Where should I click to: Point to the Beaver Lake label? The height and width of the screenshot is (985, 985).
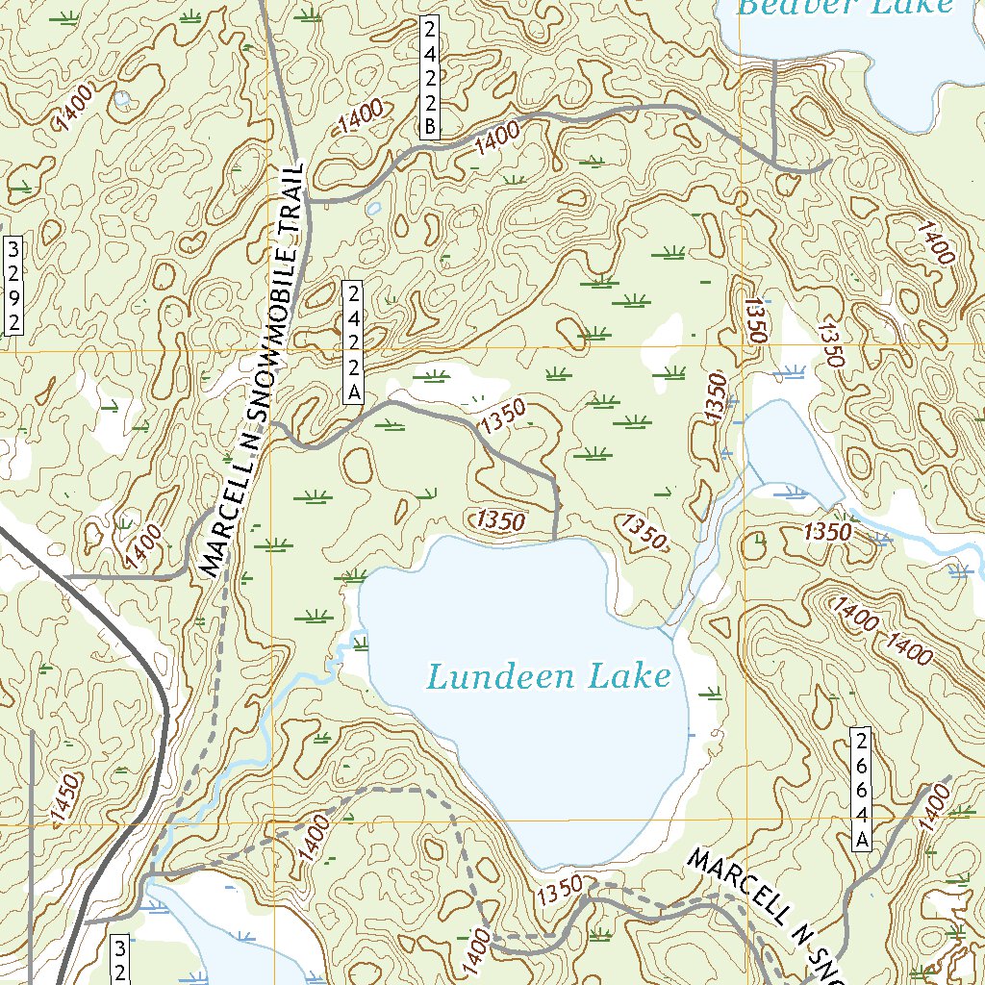coord(845,7)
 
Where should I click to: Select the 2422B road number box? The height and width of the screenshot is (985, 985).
coord(429,78)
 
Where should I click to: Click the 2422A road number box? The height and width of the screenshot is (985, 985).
coord(354,342)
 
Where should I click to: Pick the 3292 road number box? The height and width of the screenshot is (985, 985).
coord(13,285)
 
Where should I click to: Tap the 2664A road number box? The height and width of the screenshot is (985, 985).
coord(863,790)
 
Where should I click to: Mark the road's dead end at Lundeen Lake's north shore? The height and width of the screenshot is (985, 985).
coord(557,537)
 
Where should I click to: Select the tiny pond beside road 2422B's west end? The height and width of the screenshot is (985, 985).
coord(373,207)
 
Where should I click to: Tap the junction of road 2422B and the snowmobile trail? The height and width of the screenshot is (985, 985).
coord(310,201)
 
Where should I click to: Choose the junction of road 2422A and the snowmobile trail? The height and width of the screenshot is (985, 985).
coord(272,422)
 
